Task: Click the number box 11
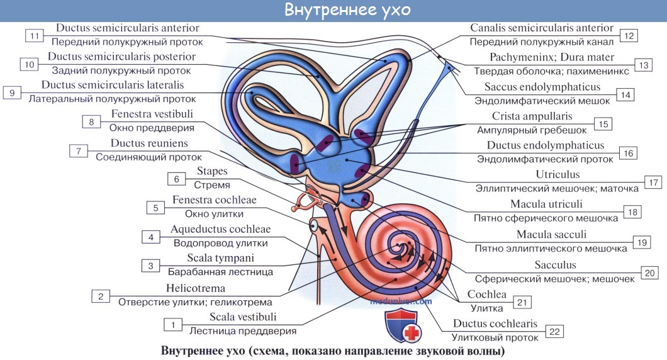point(35,35)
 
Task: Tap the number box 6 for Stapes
point(177,179)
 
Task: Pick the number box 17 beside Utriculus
point(653,182)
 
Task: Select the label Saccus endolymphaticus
point(542,87)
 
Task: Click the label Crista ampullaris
point(541,116)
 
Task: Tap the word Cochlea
point(486,295)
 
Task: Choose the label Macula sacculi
point(551,235)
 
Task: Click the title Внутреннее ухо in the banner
point(333,11)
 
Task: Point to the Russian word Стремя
point(211,185)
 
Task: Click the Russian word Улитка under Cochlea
point(487,308)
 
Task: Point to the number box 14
point(624,94)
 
